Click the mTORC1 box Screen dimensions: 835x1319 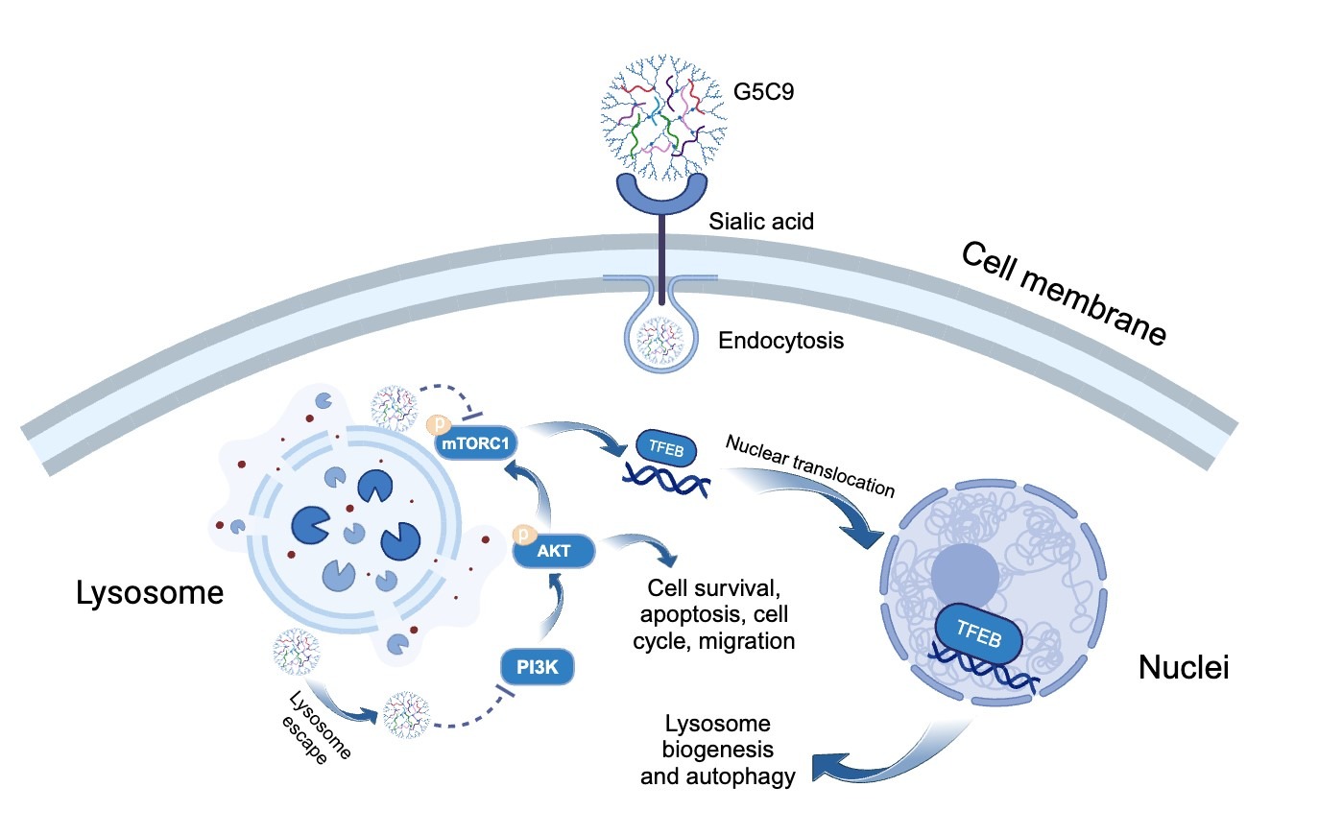coord(476,443)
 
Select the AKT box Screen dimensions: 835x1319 coord(554,551)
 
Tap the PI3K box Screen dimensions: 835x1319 coord(537,667)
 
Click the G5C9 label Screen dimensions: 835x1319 coord(763,92)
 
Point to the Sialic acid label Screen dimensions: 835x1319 coord(761,222)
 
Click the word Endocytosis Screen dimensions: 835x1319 coord(780,341)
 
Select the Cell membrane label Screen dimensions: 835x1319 coord(1064,293)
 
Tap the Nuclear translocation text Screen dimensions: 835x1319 coord(810,465)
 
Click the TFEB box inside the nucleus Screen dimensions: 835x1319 coord(978,633)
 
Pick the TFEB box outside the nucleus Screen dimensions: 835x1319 coord(666,448)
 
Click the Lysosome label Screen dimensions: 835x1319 coord(150,593)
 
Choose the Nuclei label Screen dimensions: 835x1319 coord(1183,667)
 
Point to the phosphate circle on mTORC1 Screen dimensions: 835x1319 coord(439,423)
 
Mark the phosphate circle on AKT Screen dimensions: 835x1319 coord(523,534)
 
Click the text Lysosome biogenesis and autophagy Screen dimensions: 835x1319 coord(718,750)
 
